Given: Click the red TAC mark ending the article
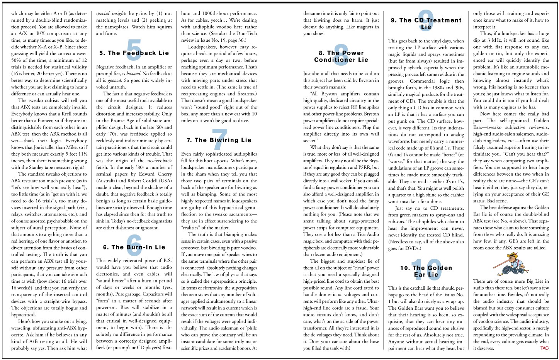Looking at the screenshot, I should point(544,348).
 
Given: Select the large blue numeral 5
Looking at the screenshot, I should point(134,51).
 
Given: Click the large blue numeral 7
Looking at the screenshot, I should point(219,139).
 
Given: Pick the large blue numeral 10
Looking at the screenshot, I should point(427,268).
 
